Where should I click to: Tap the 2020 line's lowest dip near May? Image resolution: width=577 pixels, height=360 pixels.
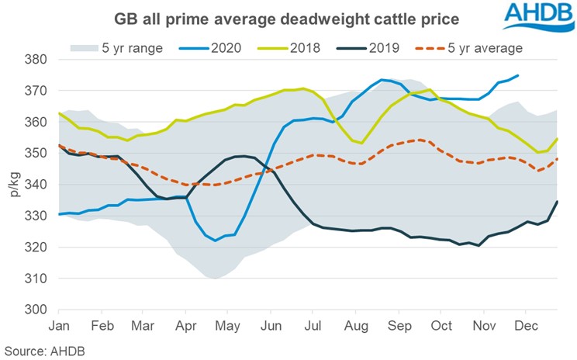[x=216, y=241]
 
